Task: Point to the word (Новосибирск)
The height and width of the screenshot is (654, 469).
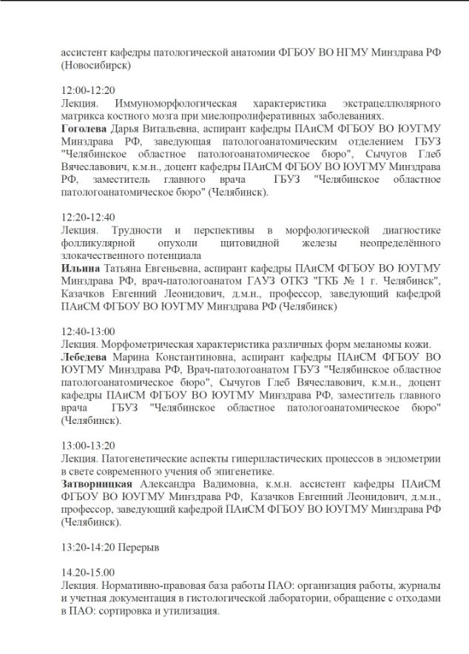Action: pos(97,65)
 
